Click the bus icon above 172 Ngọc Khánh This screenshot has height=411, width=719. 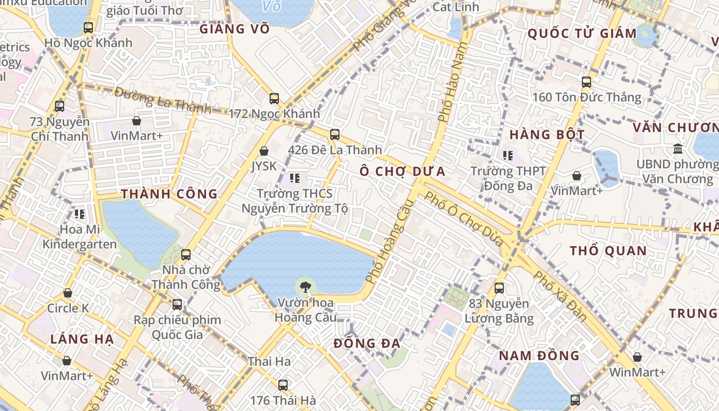(274, 98)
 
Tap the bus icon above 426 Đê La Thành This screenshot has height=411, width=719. (335, 135)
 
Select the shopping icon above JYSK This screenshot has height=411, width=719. (264, 151)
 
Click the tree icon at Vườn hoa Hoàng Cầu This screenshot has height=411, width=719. (306, 287)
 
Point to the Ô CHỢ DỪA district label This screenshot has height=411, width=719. (402, 172)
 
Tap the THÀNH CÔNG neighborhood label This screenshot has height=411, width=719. (169, 194)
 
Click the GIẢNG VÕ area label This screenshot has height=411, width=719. (235, 29)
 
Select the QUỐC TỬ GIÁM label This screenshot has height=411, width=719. (582, 34)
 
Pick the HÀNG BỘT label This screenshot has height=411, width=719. (546, 135)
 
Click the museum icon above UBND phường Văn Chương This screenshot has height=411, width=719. (677, 149)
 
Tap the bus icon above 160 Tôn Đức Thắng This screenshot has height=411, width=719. (586, 82)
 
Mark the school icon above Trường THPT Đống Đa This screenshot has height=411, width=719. (508, 155)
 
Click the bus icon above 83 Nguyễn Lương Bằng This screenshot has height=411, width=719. (499, 288)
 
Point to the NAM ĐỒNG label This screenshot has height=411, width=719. (539, 356)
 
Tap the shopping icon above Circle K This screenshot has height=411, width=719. (68, 293)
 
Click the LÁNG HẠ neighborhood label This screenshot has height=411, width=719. (82, 339)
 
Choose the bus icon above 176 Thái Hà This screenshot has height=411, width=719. (282, 385)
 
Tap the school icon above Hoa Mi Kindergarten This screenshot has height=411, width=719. (79, 214)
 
